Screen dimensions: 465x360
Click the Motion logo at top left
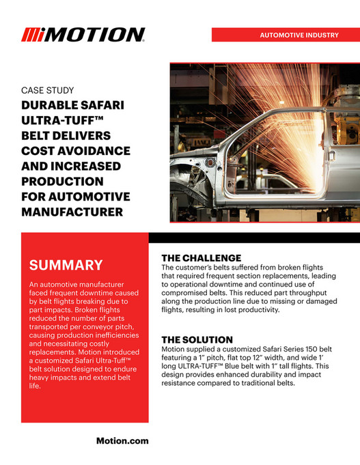coord(83,35)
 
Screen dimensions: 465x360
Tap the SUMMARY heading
coord(66,265)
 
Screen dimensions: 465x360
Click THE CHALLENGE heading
coord(201,257)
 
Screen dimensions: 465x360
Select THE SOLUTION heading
coord(197,339)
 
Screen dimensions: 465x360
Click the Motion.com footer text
coord(122,441)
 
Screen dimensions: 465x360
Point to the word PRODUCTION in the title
coord(63,182)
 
